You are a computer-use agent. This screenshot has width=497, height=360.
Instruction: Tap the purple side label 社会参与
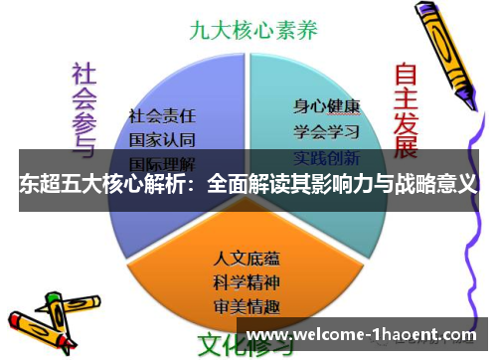(x=83, y=105)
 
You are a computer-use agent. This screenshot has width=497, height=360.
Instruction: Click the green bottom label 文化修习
(x=245, y=345)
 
